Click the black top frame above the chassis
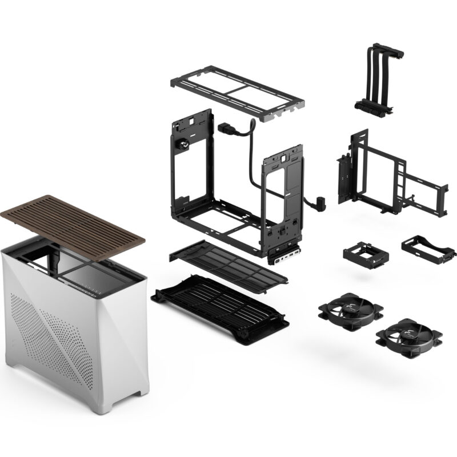click(x=237, y=91)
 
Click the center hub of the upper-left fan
click(x=350, y=309)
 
